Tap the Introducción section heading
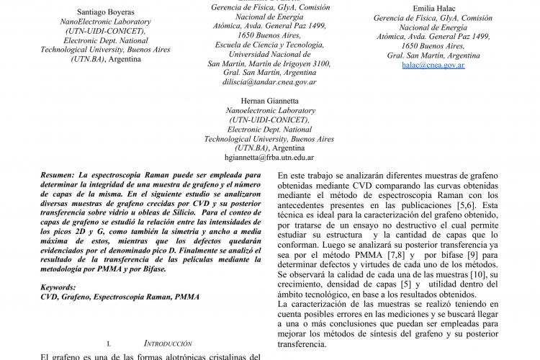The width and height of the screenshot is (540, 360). click(x=167, y=344)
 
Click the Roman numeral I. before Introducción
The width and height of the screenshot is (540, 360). click(x=109, y=344)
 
